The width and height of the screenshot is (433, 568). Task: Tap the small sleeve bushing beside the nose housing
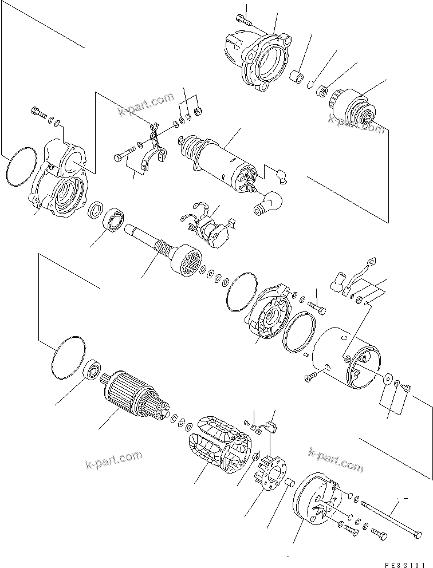click(297, 77)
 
